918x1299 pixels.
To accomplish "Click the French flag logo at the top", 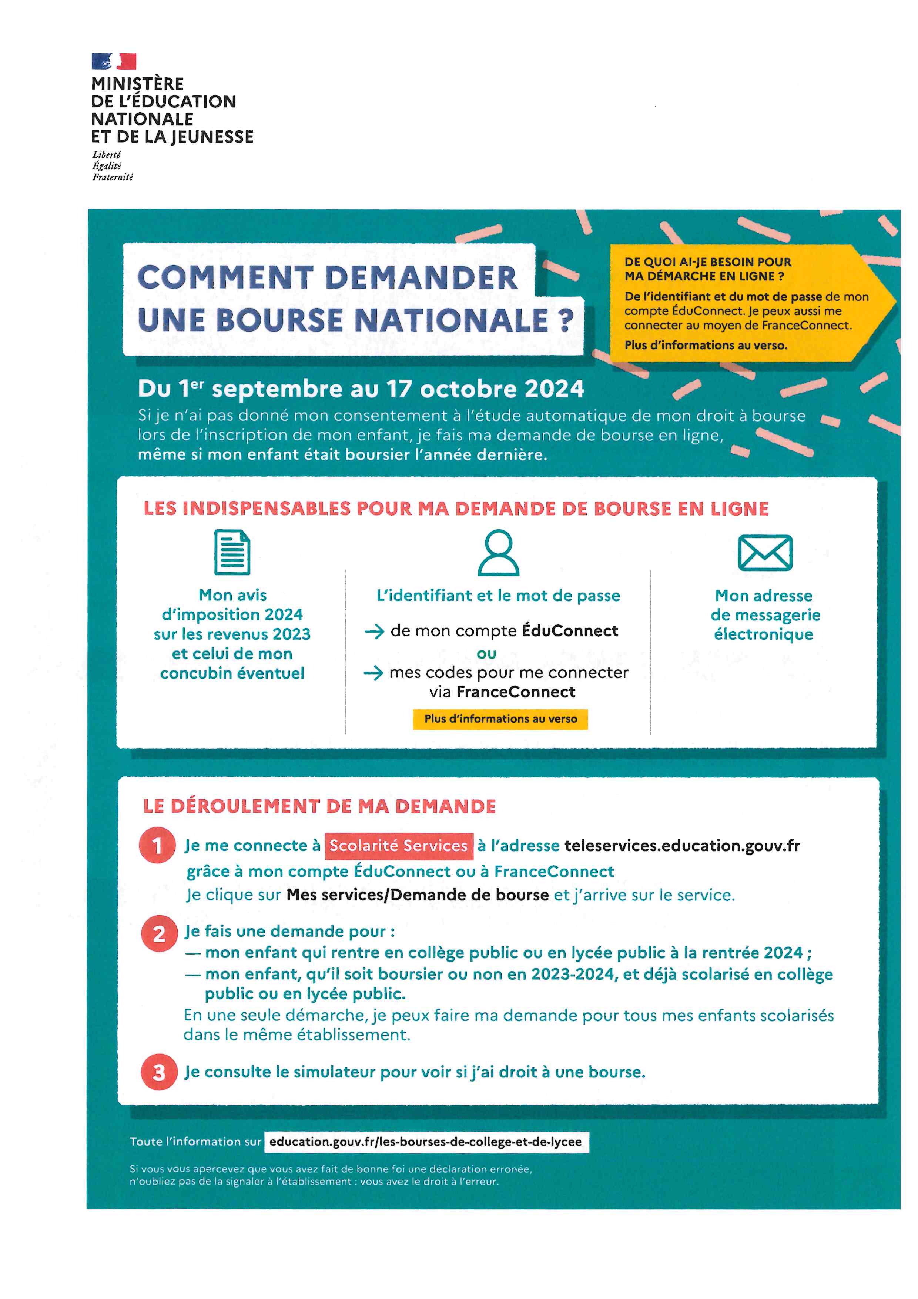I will click(x=114, y=61).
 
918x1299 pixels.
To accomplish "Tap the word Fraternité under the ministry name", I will click(x=113, y=177).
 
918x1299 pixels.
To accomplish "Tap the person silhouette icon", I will click(x=498, y=552).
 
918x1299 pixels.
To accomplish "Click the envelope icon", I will click(x=765, y=552).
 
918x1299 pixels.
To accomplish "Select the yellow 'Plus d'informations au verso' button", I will click(x=500, y=719).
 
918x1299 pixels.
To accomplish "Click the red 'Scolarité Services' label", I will click(x=399, y=845).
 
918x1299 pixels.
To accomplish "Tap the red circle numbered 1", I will click(x=157, y=845).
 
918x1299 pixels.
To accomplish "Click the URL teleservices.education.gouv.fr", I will click(x=682, y=845).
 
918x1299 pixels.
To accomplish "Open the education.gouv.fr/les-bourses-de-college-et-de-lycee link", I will click(x=426, y=1142).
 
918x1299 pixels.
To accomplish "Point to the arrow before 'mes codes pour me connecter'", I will click(x=373, y=673).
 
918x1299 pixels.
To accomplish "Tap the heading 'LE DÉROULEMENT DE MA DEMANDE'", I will click(x=319, y=806).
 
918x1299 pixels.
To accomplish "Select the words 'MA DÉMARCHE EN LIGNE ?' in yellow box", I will click(x=704, y=276).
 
